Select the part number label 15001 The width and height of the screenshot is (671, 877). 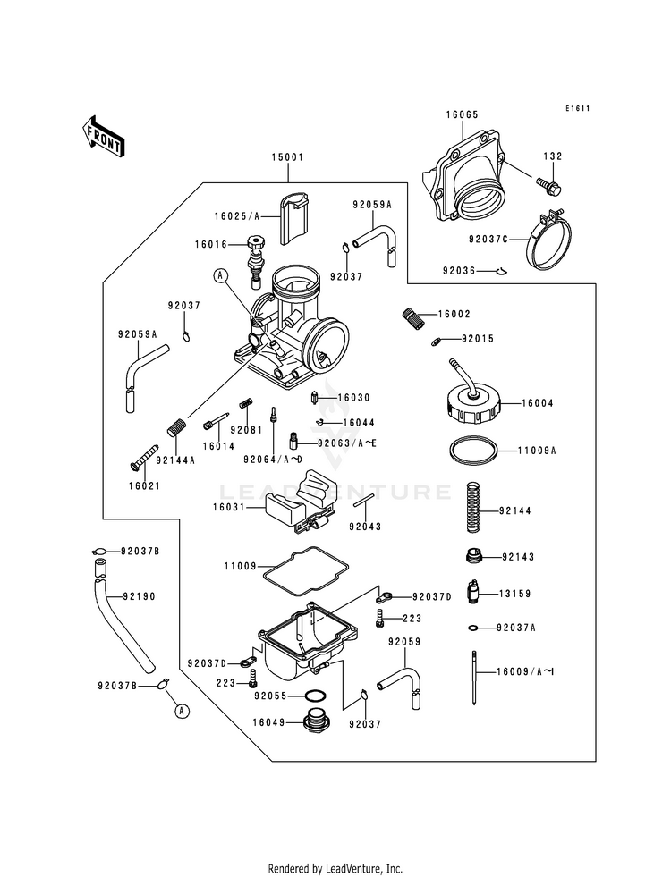tap(289, 157)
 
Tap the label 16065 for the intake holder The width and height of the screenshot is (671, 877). tap(463, 115)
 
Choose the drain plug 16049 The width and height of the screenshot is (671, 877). tap(317, 721)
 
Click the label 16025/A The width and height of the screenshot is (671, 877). tap(236, 216)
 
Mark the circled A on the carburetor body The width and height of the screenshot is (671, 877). tap(219, 277)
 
